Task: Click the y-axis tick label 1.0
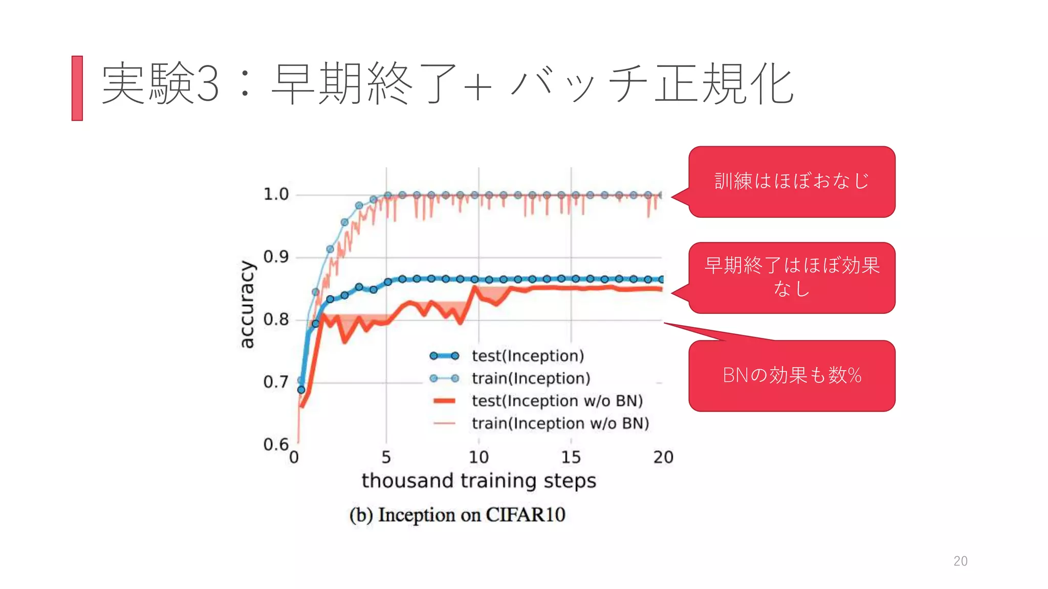click(x=276, y=194)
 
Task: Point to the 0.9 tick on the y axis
click(x=276, y=257)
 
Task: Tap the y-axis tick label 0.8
click(x=276, y=320)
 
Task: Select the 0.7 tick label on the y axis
click(x=276, y=382)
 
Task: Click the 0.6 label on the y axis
click(x=276, y=444)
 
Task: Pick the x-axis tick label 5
click(x=386, y=457)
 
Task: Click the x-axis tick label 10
click(x=479, y=457)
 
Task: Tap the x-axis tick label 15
click(x=571, y=457)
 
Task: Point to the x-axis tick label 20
click(x=663, y=457)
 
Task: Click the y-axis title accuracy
click(x=247, y=304)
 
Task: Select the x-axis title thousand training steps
click(x=479, y=481)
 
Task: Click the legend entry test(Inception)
click(x=528, y=356)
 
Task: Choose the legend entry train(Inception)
click(x=531, y=378)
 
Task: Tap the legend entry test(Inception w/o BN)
click(x=557, y=401)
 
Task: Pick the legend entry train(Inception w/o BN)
click(x=560, y=423)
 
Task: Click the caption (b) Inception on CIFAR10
click(x=457, y=515)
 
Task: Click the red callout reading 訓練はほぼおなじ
click(x=792, y=182)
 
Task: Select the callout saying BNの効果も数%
click(x=792, y=376)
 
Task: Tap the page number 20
click(x=960, y=561)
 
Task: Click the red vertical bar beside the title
click(x=77, y=88)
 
